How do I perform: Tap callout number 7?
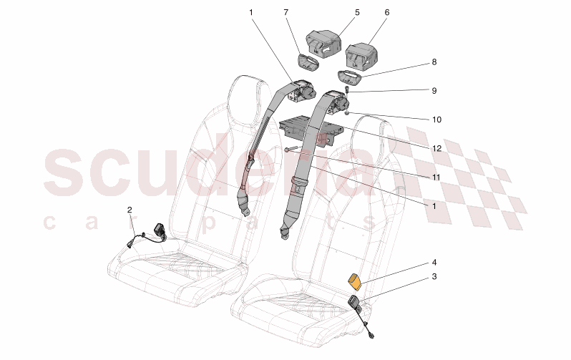[x=285, y=12]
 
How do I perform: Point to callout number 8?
[x=434, y=62]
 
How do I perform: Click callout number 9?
[x=434, y=92]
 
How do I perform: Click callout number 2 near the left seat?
[x=130, y=210]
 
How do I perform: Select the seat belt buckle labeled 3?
[x=356, y=305]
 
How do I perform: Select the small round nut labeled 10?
[x=346, y=113]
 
